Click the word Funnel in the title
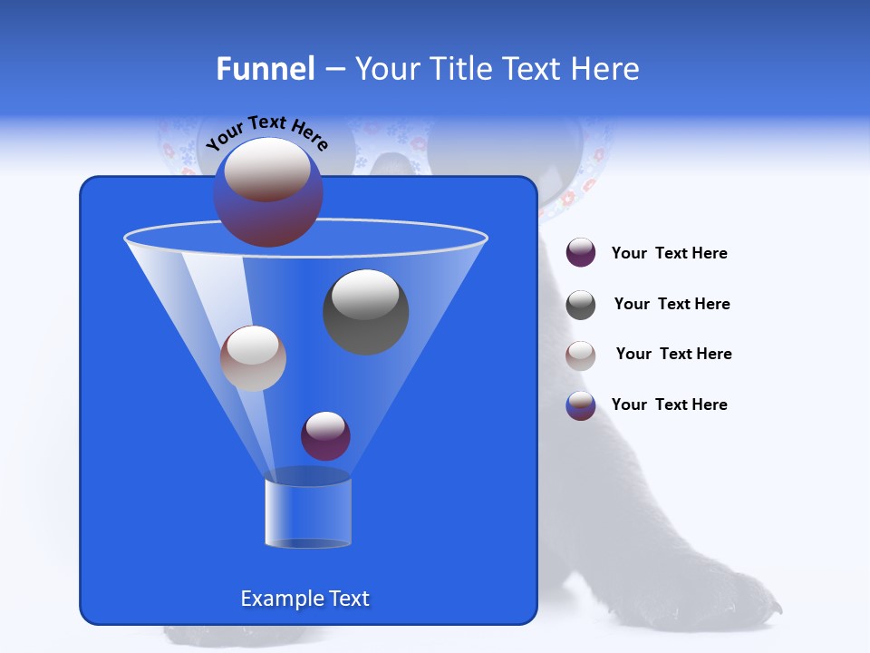pos(265,69)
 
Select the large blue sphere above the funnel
pos(268,192)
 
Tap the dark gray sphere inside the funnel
pos(365,311)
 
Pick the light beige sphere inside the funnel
pos(253,357)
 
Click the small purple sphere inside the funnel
pos(325,435)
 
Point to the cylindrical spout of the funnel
pos(308,513)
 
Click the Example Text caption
pos(305,599)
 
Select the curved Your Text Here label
pos(266,132)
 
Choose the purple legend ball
pos(581,253)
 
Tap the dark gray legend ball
pos(581,305)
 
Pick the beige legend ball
pos(581,356)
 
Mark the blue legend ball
pos(581,405)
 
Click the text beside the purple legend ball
pos(669,254)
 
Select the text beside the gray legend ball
pos(672,305)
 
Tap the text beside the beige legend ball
pos(673,355)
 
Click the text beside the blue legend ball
pos(669,405)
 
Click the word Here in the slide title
pos(606,69)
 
